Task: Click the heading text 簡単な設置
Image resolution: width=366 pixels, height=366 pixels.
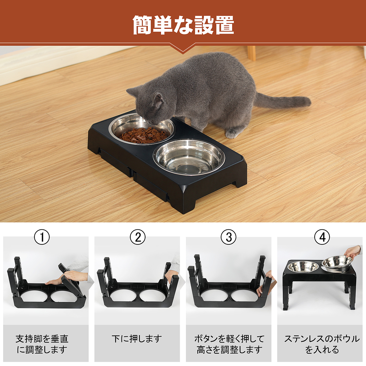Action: pos(183,25)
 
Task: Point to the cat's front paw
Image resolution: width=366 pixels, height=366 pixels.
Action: pos(232,133)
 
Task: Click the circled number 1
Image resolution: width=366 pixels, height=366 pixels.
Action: pos(42,237)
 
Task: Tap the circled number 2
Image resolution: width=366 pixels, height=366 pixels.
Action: pos(138,237)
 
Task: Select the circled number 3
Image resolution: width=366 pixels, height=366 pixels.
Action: pos(229,237)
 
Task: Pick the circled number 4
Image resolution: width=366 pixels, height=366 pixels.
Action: pos(322,237)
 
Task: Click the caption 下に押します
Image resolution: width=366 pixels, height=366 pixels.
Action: pos(137,339)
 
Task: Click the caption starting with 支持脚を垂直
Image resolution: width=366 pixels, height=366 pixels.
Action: pos(42,344)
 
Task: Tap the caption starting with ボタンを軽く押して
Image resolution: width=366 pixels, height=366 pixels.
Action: pos(229,344)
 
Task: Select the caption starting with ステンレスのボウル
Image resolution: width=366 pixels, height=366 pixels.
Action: pos(322,344)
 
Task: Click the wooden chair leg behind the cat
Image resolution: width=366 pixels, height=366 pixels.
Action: pos(252,53)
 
